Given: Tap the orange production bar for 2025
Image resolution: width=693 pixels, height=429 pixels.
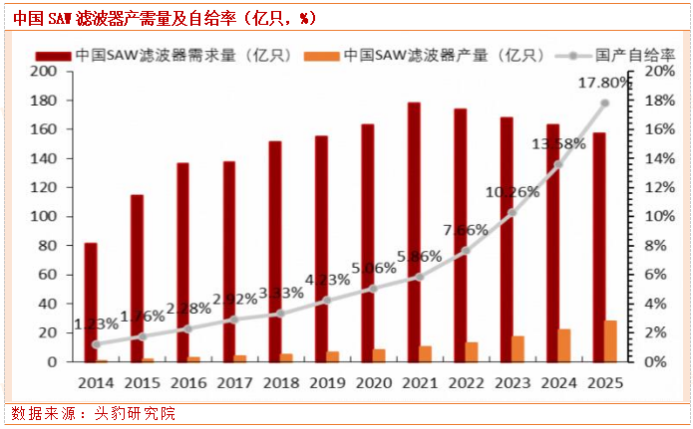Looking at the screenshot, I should pyautogui.click(x=610, y=341).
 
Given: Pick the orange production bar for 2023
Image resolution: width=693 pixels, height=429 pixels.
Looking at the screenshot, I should pyautogui.click(x=518, y=348).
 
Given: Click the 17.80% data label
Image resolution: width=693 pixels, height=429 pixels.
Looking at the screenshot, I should pyautogui.click(x=605, y=84).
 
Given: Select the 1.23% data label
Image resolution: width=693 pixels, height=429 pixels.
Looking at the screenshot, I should pyautogui.click(x=99, y=323).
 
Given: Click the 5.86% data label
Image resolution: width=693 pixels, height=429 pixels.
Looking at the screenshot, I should pyautogui.click(x=418, y=256).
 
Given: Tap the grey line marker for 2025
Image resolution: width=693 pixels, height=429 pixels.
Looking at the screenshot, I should pyautogui.click(x=604, y=104).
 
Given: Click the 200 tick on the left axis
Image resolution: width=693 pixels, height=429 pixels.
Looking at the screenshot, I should pyautogui.click(x=44, y=72).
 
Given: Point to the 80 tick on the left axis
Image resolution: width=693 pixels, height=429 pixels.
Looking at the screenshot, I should pyautogui.click(x=48, y=245).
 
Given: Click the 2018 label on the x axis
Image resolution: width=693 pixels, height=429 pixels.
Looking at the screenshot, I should pyautogui.click(x=280, y=381).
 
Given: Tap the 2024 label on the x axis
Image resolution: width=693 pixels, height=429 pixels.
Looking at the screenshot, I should pyautogui.click(x=556, y=381).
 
